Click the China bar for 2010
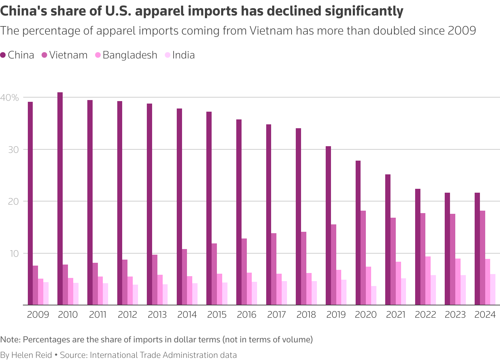[x=60, y=199]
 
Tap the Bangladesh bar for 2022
[x=428, y=281]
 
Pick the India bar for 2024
[x=493, y=290]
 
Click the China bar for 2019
[x=328, y=225]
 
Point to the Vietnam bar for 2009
[x=36, y=285]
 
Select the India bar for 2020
[x=374, y=296]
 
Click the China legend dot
[x=3, y=55]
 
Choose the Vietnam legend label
[x=68, y=55]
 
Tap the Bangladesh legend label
[x=130, y=55]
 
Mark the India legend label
[x=183, y=55]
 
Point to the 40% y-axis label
[x=10, y=98]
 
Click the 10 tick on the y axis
[x=13, y=254]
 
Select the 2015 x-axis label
[x=217, y=315]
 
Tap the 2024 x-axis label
[x=485, y=315]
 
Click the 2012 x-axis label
[x=127, y=315]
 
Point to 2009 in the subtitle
[x=462, y=31]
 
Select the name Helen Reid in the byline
[x=31, y=355]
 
